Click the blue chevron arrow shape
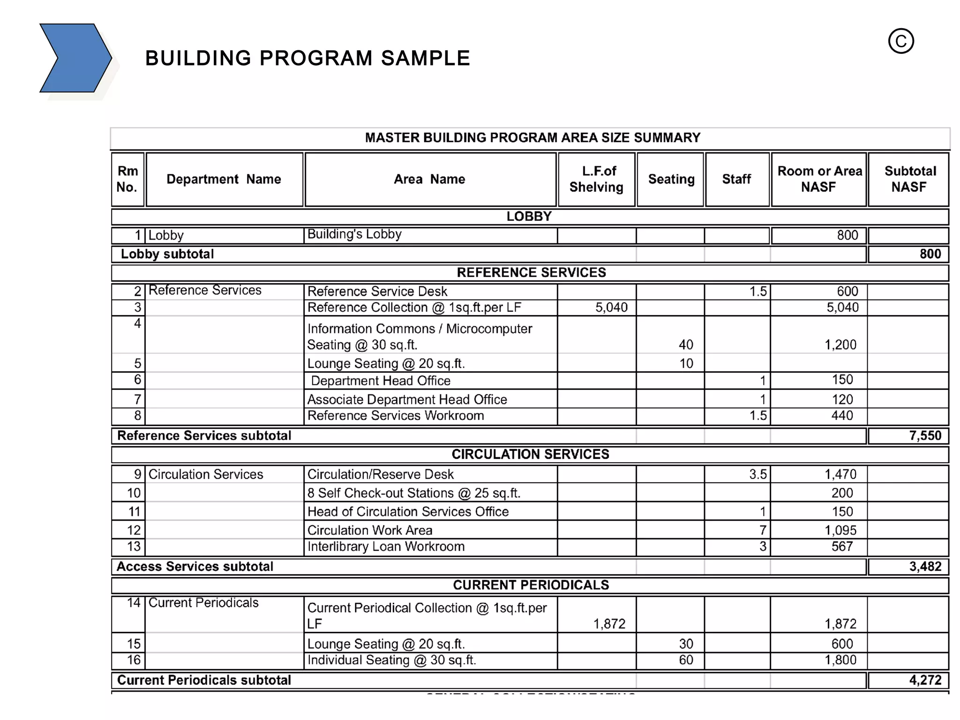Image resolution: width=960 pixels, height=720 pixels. coord(75,58)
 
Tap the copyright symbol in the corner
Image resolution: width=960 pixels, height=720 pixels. coord(900,41)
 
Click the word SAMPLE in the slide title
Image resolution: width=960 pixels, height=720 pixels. coord(425,59)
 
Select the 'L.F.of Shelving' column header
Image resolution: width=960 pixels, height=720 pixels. coord(596,179)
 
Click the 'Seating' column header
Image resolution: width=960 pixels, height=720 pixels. coord(671,179)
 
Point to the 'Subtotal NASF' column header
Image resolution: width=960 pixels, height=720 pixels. coord(909,179)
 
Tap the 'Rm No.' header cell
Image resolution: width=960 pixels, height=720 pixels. coord(127,179)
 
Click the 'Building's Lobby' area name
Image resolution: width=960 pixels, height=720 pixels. coord(354,234)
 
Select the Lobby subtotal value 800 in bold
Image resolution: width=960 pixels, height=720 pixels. coord(930,254)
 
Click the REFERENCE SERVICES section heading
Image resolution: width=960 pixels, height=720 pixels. coord(531,273)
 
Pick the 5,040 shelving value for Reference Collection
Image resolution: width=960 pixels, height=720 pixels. coord(611,307)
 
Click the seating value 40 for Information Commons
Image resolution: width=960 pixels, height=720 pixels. coord(685,345)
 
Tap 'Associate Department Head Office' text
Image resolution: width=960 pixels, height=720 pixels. coord(407,399)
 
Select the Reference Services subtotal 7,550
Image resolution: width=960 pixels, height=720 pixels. coord(925,436)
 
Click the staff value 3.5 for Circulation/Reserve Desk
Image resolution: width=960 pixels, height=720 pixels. coord(757,474)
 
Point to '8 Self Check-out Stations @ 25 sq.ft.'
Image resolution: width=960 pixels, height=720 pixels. coord(413,493)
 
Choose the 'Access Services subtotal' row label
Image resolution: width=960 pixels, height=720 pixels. coord(195,567)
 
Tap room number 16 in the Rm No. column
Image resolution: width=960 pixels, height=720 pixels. coord(134,660)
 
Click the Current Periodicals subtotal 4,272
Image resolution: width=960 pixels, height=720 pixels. coord(925,680)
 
